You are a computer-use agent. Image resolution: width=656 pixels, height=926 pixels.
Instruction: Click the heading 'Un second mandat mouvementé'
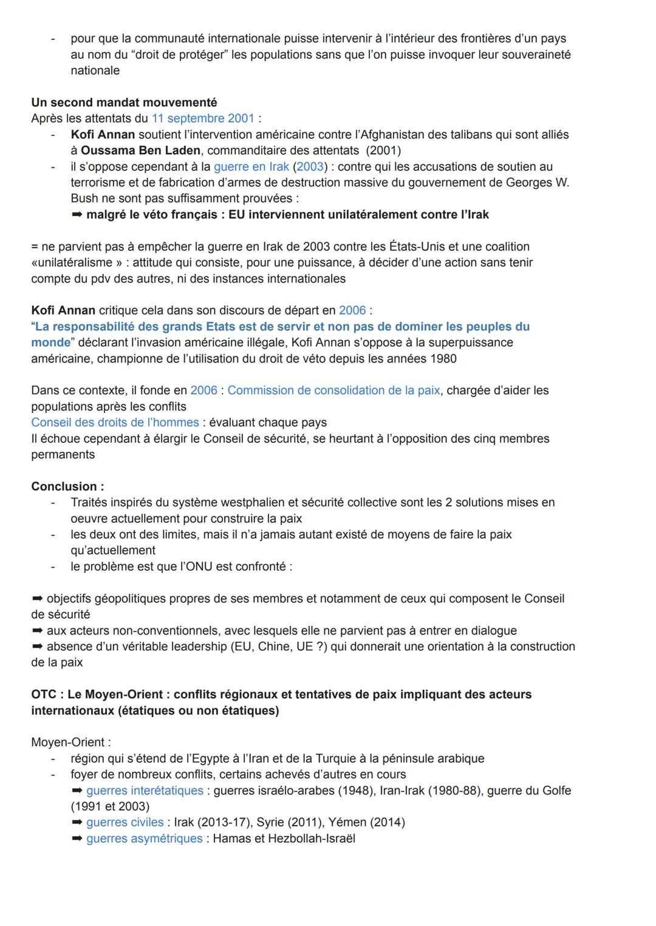[124, 103]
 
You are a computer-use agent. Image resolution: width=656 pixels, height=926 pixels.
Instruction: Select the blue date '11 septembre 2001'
[203, 118]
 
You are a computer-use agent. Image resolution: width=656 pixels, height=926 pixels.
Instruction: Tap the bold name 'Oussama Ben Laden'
[140, 151]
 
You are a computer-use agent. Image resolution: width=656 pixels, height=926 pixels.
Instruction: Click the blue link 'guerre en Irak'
[251, 166]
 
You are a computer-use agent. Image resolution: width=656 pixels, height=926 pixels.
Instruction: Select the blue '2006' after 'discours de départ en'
[352, 311]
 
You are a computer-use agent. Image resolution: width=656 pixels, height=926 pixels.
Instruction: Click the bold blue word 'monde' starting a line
[50, 342]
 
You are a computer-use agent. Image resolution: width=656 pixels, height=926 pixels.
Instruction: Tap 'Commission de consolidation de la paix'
[333, 390]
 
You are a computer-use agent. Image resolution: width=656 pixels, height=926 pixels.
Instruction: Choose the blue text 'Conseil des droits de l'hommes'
[115, 423]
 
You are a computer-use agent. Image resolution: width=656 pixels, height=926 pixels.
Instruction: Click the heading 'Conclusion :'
[67, 487]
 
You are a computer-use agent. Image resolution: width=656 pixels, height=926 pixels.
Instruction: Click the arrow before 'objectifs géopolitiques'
[38, 599]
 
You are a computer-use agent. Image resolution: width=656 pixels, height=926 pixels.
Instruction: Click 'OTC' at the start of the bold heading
[44, 695]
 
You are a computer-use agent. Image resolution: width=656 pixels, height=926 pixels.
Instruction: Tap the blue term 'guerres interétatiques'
[145, 791]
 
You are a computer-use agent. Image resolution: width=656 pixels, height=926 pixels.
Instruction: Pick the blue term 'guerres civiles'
[125, 823]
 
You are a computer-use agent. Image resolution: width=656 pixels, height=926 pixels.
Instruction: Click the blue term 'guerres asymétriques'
[144, 839]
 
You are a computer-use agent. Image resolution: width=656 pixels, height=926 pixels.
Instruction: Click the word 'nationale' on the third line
[95, 70]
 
